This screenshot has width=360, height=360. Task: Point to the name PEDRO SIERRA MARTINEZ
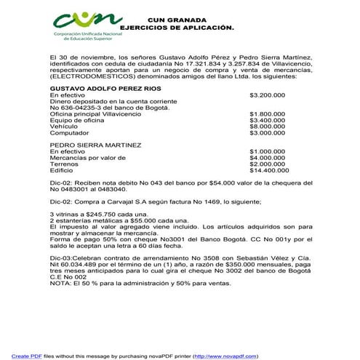[x=89, y=144]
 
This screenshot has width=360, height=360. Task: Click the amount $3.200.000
[x=267, y=95]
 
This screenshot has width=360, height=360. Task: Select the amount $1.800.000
[x=267, y=114]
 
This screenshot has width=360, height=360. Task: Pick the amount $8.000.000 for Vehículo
[x=267, y=127]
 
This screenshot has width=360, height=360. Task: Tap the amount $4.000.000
[x=267, y=157]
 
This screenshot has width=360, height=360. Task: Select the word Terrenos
[x=63, y=164]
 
